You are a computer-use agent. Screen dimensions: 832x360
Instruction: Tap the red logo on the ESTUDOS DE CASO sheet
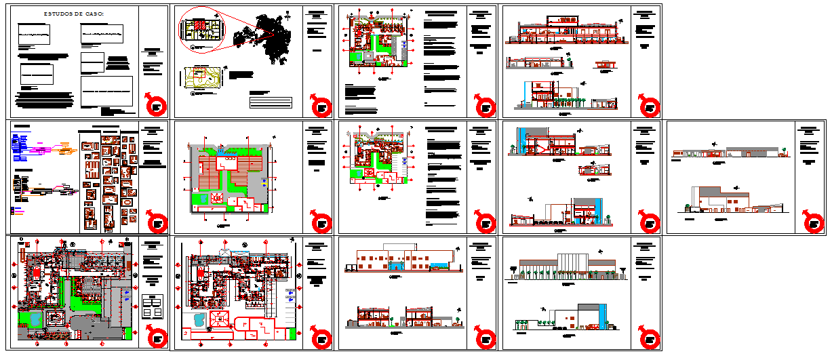(156, 106)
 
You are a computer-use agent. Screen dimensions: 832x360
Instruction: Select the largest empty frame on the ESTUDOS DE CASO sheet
(106, 91)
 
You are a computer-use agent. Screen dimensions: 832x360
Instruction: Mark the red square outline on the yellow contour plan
(198, 75)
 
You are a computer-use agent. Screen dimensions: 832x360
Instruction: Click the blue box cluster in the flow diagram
(21, 146)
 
